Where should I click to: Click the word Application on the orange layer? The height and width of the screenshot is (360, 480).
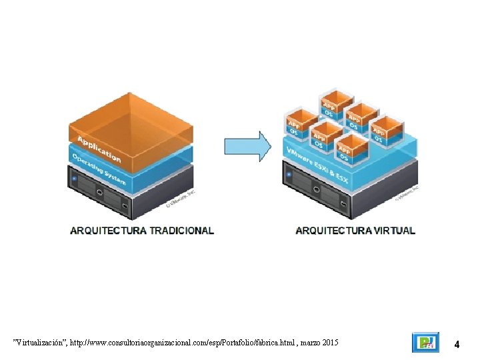[99, 149]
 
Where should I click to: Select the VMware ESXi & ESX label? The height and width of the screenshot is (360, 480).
[316, 163]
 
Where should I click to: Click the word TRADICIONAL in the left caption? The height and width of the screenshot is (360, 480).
[181, 231]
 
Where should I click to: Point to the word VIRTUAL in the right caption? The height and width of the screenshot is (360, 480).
[394, 231]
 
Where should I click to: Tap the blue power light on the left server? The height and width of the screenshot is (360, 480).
[75, 179]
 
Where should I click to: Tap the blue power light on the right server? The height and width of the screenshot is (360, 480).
[289, 175]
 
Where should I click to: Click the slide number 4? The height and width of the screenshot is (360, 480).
[457, 345]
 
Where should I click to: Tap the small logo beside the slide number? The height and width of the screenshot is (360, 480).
[425, 343]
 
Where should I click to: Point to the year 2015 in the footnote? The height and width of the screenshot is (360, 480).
[329, 343]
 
